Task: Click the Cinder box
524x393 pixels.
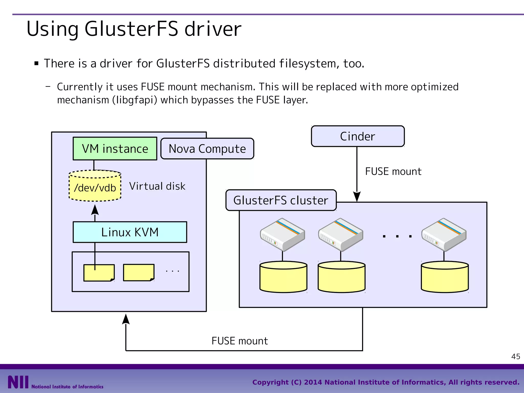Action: [x=357, y=136]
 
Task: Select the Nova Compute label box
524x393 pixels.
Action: [x=207, y=149]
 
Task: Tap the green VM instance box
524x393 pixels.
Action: [x=115, y=149]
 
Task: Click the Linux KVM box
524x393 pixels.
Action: [x=130, y=232]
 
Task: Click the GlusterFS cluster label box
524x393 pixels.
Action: [x=281, y=200]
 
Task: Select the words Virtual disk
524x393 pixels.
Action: [x=157, y=186]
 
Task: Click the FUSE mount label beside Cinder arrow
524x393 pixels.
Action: [x=393, y=171]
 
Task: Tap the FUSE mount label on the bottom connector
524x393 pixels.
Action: [x=239, y=341]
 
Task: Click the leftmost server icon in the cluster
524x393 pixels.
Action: [x=282, y=234]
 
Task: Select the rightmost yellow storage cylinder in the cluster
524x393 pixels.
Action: [x=445, y=277]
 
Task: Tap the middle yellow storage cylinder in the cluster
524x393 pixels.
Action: [x=341, y=277]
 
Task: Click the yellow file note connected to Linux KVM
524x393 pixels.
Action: [x=99, y=273]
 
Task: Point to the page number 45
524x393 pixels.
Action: [x=516, y=356]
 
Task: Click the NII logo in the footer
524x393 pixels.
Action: [x=18, y=382]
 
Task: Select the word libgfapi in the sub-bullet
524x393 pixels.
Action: [x=135, y=100]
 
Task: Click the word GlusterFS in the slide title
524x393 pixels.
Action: [x=131, y=29]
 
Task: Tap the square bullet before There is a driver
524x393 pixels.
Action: [x=36, y=63]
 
